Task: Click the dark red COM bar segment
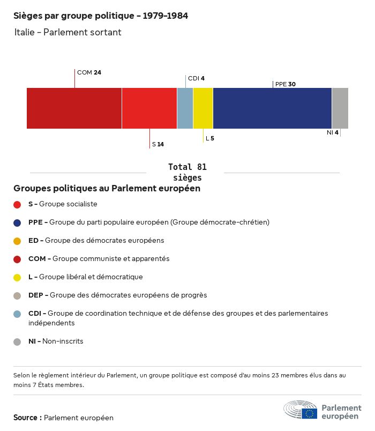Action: (74, 108)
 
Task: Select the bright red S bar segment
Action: (149, 108)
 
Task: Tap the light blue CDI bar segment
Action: (185, 108)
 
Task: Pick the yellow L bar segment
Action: (203, 108)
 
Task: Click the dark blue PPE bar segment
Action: (272, 108)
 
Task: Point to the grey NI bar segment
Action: (340, 108)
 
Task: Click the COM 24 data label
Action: (89, 72)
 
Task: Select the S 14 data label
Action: (157, 144)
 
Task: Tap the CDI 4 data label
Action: (196, 78)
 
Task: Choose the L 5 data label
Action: (209, 138)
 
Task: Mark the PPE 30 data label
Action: (285, 84)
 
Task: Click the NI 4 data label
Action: (332, 132)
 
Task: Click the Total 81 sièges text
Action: (187, 172)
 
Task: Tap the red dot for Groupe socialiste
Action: (17, 204)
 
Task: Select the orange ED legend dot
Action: (17, 241)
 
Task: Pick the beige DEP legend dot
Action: (17, 295)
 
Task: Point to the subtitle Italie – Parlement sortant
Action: (68, 32)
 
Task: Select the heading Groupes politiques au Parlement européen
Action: (107, 189)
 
